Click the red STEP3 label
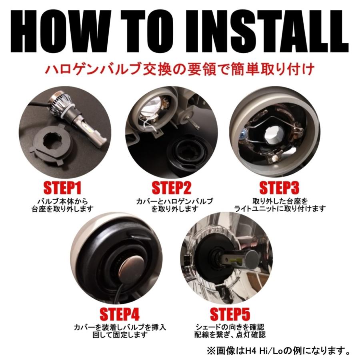pyautogui.click(x=280, y=187)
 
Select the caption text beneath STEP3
pyautogui.click(x=280, y=204)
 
